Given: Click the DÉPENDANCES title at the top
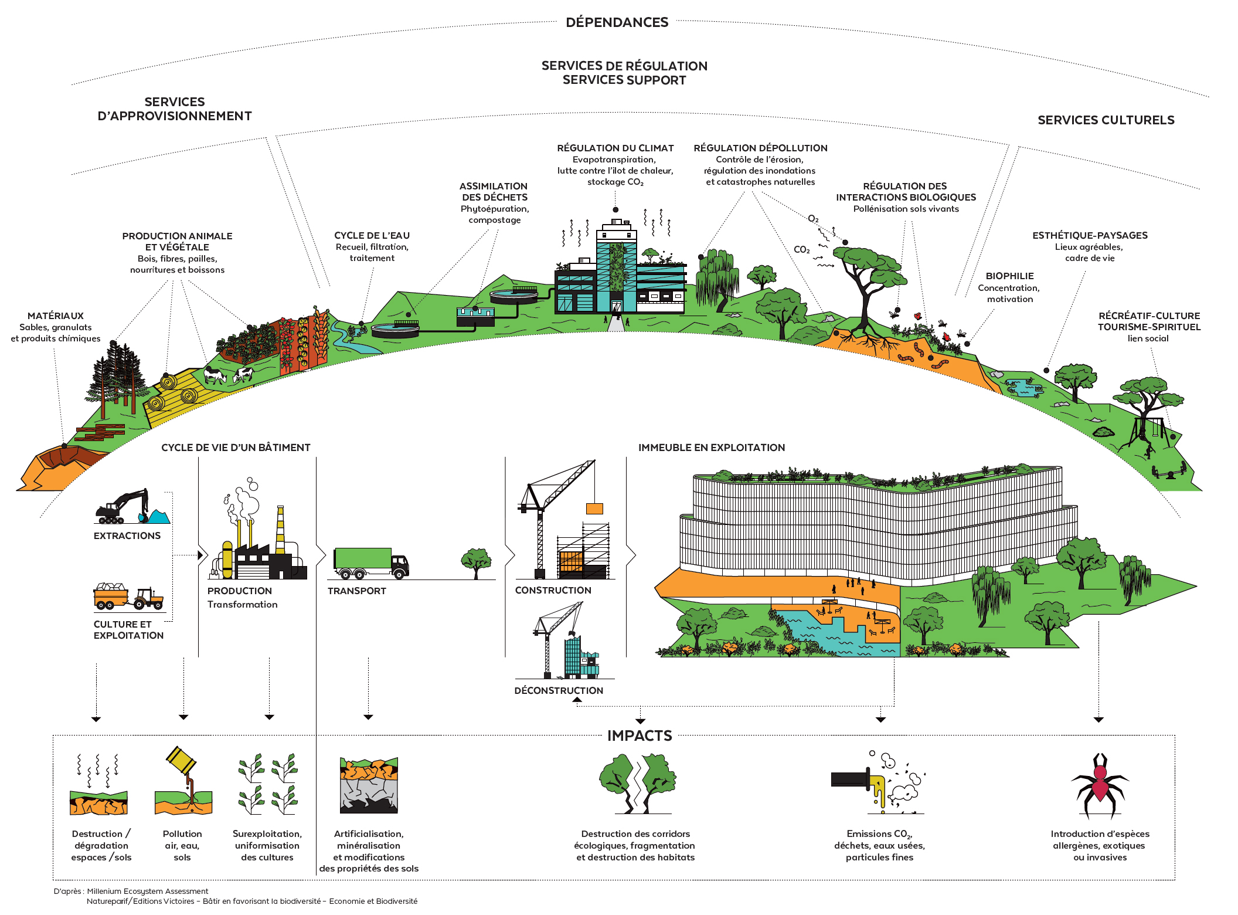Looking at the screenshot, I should pyautogui.click(x=617, y=22).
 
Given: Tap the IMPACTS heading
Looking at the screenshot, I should pyautogui.click(x=640, y=736).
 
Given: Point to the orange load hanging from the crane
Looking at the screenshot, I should pyautogui.click(x=594, y=509).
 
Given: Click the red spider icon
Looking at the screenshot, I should pyautogui.click(x=1100, y=785).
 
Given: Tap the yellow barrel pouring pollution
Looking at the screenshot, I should pyautogui.click(x=181, y=761).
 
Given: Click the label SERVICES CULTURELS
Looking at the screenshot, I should pyautogui.click(x=1106, y=120).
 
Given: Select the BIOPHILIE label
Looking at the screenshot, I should pyautogui.click(x=1009, y=276).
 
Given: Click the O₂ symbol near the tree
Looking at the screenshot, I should pyautogui.click(x=813, y=219).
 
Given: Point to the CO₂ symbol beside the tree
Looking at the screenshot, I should pyautogui.click(x=801, y=250).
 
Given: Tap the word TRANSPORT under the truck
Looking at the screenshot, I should pyautogui.click(x=356, y=591).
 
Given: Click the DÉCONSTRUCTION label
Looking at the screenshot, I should pyautogui.click(x=559, y=690).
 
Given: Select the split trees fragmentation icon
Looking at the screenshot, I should pyautogui.click(x=637, y=783).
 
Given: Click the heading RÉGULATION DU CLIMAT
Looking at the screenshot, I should pyautogui.click(x=615, y=148).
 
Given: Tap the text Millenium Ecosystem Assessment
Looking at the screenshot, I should pyautogui.click(x=147, y=891).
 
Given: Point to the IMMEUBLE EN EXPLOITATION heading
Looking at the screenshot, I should pyautogui.click(x=711, y=448).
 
